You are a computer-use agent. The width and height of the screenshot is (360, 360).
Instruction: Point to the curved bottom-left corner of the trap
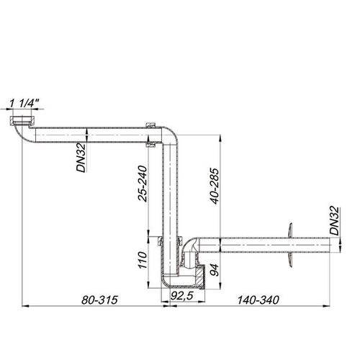pos(165,284)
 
